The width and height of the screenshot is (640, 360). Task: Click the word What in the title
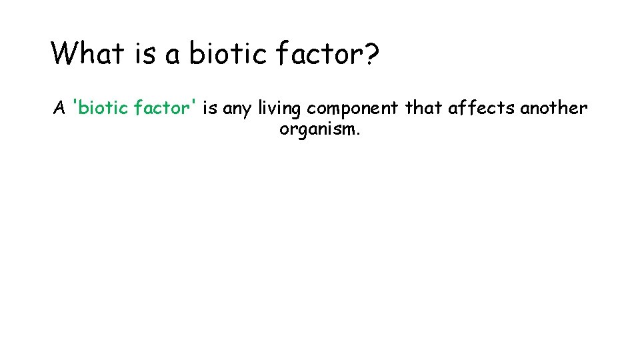[x=87, y=53]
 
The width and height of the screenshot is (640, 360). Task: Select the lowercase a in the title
[x=173, y=55]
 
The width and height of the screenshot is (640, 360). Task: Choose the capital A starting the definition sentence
[x=59, y=108]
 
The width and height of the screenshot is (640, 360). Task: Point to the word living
[x=280, y=109]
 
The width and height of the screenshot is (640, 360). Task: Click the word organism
[x=317, y=129]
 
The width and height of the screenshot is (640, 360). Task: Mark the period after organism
[x=359, y=133]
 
